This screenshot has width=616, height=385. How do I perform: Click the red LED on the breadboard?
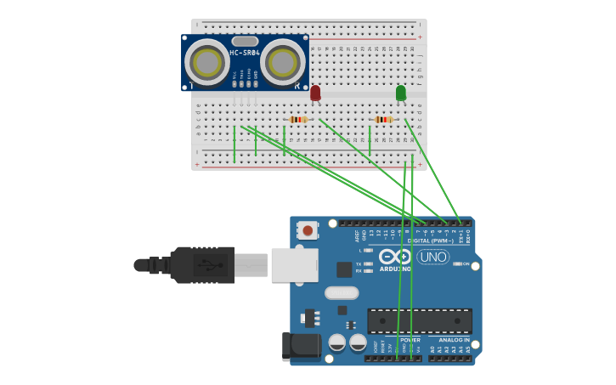click(x=315, y=92)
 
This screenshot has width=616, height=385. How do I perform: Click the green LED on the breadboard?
click(x=401, y=92)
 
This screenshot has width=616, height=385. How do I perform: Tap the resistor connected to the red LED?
click(x=297, y=120)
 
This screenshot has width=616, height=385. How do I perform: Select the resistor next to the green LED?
click(x=384, y=120)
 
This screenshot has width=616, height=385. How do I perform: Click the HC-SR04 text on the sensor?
click(x=244, y=54)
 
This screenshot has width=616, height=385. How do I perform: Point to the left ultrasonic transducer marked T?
click(x=206, y=62)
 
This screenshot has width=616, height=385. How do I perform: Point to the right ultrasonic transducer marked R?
click(x=282, y=62)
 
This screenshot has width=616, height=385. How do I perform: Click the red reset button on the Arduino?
click(x=308, y=229)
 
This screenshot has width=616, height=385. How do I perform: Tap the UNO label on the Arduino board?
click(x=432, y=257)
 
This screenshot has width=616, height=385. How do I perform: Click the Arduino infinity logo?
click(x=395, y=257)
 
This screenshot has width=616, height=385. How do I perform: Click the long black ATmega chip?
click(x=419, y=320)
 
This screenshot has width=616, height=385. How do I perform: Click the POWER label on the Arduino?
click(x=410, y=340)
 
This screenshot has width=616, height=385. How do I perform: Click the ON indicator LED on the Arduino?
click(x=458, y=264)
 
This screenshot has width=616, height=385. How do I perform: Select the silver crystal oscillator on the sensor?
click(x=245, y=41)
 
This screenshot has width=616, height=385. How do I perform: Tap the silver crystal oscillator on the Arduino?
click(x=342, y=293)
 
